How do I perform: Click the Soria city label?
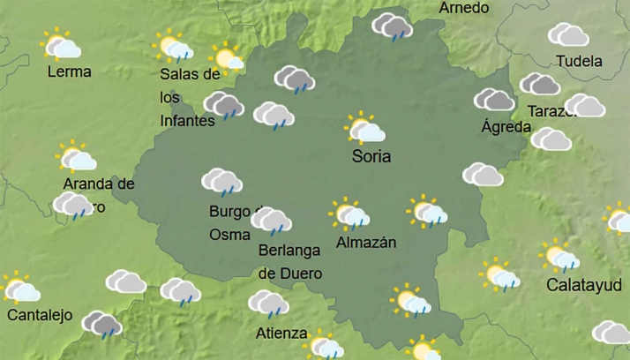click(x=371, y=157)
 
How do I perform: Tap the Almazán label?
click(x=366, y=242)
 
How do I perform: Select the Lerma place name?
click(x=69, y=71)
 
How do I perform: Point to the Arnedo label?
click(x=463, y=8)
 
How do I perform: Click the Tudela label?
click(x=579, y=61)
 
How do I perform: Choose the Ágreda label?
click(x=506, y=127)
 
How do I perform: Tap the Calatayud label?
click(x=583, y=285)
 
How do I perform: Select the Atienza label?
click(x=281, y=334)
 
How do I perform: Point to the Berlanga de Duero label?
click(x=289, y=261)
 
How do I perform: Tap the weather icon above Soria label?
click(x=365, y=129)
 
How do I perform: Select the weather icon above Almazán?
click(x=350, y=214)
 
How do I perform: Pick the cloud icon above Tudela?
click(x=567, y=34)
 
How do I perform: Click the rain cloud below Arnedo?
click(x=392, y=26)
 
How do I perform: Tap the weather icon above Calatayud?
click(x=560, y=256)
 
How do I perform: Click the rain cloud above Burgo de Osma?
click(x=221, y=182)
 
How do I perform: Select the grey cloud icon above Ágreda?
click(x=494, y=100)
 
